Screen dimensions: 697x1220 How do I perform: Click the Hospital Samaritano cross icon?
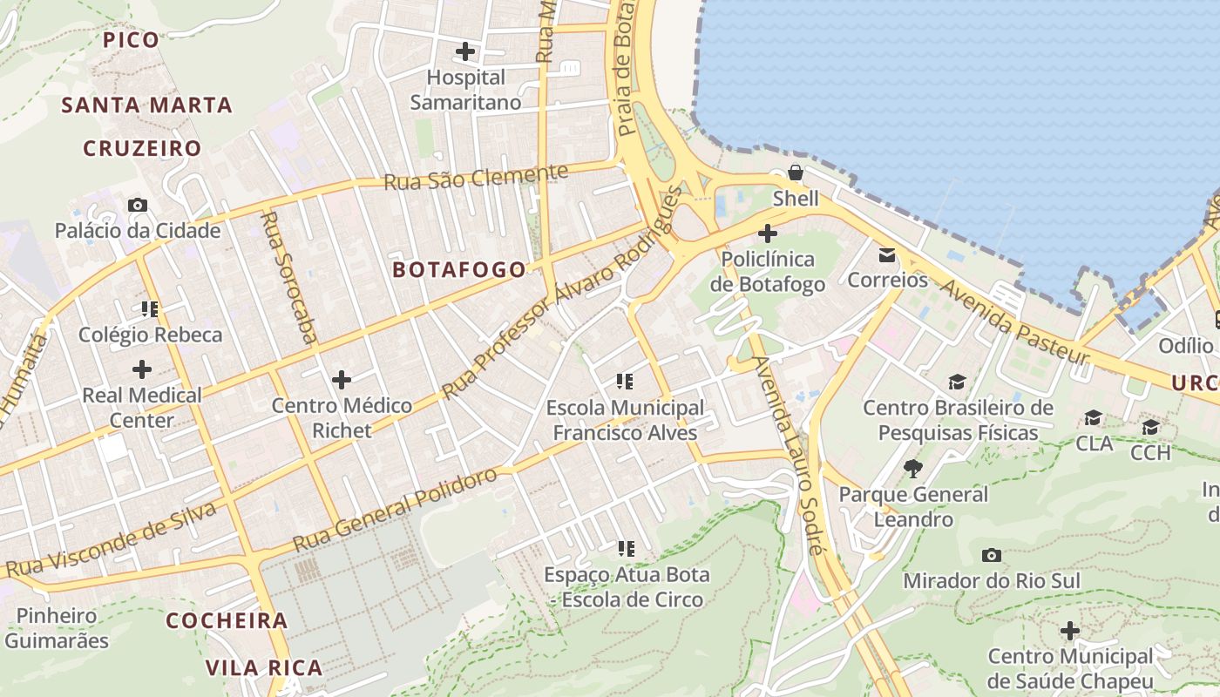coord(465,51)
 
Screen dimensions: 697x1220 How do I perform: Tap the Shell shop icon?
coord(796,173)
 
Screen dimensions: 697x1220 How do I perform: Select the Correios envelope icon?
coord(887,255)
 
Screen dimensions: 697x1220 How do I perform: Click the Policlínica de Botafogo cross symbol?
coord(767,233)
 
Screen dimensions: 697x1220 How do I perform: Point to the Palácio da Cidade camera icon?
coord(138,206)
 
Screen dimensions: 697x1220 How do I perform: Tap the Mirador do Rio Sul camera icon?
coord(991,555)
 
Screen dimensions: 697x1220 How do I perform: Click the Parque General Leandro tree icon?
coord(912,469)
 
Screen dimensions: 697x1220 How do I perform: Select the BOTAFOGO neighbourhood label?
coord(459,270)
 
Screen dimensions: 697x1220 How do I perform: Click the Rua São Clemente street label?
coord(475,176)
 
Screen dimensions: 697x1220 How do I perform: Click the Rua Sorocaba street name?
coord(288,276)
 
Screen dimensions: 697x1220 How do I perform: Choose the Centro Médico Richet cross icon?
coord(342,379)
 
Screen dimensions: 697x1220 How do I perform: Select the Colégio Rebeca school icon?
coord(150,308)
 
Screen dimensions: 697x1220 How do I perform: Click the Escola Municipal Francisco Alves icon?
coord(624,381)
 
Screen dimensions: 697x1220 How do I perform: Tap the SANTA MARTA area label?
coord(146,105)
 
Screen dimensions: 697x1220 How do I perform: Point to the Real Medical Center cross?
coord(141,369)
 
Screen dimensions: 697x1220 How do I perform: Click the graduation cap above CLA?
coord(1093,418)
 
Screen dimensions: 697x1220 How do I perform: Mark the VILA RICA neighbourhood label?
coord(264,668)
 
